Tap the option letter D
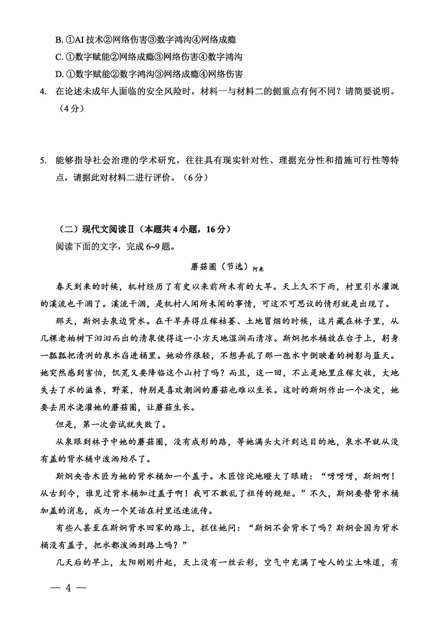point(59,74)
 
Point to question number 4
point(43,91)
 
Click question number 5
point(43,161)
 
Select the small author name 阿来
point(258,269)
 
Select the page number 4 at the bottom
point(68,588)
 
